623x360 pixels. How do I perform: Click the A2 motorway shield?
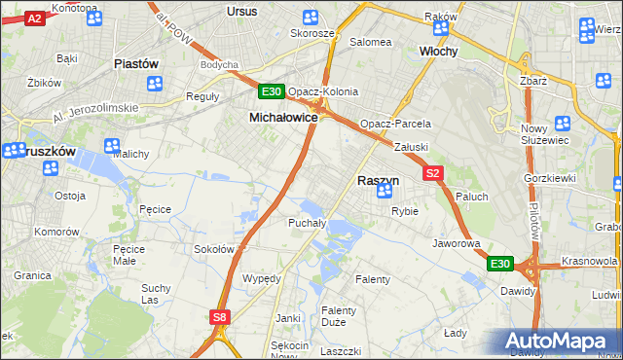pos(34,18)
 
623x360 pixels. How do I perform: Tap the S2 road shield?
pos(434,173)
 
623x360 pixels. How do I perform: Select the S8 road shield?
pos(220,316)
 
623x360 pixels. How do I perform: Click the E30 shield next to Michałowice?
pos(272,92)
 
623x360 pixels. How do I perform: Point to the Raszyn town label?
pos(378,180)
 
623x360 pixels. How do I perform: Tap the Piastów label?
pos(136,63)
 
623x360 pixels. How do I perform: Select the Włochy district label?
pos(438,50)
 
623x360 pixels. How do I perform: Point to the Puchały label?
pos(306,223)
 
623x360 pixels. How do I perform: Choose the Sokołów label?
pos(215,249)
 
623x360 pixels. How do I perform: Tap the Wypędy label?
pos(261,278)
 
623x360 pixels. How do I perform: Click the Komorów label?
pos(55,233)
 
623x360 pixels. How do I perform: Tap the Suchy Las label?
pos(156,294)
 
